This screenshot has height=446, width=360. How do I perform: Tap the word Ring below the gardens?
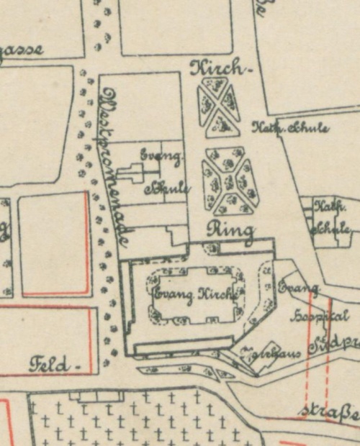pyautogui.click(x=230, y=230)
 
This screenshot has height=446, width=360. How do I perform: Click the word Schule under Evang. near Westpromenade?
pyautogui.click(x=167, y=188)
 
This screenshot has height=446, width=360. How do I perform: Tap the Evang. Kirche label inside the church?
pyautogui.click(x=194, y=294)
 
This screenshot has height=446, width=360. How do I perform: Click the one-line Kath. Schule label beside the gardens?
pyautogui.click(x=290, y=128)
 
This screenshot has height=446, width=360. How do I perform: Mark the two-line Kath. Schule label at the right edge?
pyautogui.click(x=332, y=218)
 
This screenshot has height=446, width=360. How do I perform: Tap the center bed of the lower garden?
pyautogui.click(x=228, y=181)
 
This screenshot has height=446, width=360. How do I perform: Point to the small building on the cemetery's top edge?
pyautogui.click(x=94, y=396)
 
